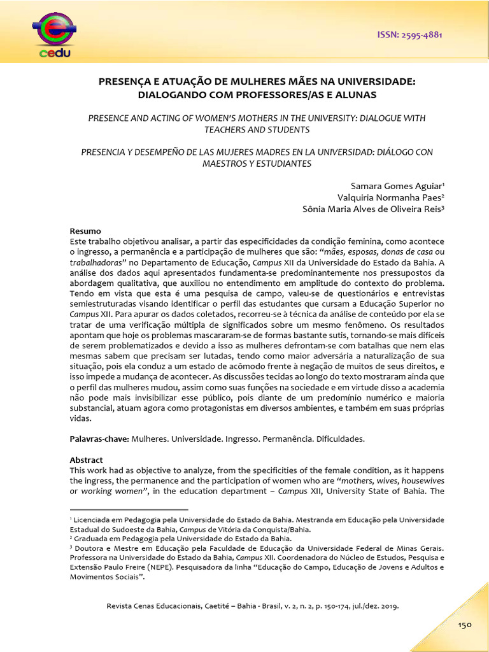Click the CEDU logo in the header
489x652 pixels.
[x=55, y=32]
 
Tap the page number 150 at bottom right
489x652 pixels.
[x=464, y=625]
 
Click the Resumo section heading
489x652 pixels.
[x=85, y=230]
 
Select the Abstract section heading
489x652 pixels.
[x=86, y=460]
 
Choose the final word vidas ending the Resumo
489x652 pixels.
[x=80, y=419]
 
